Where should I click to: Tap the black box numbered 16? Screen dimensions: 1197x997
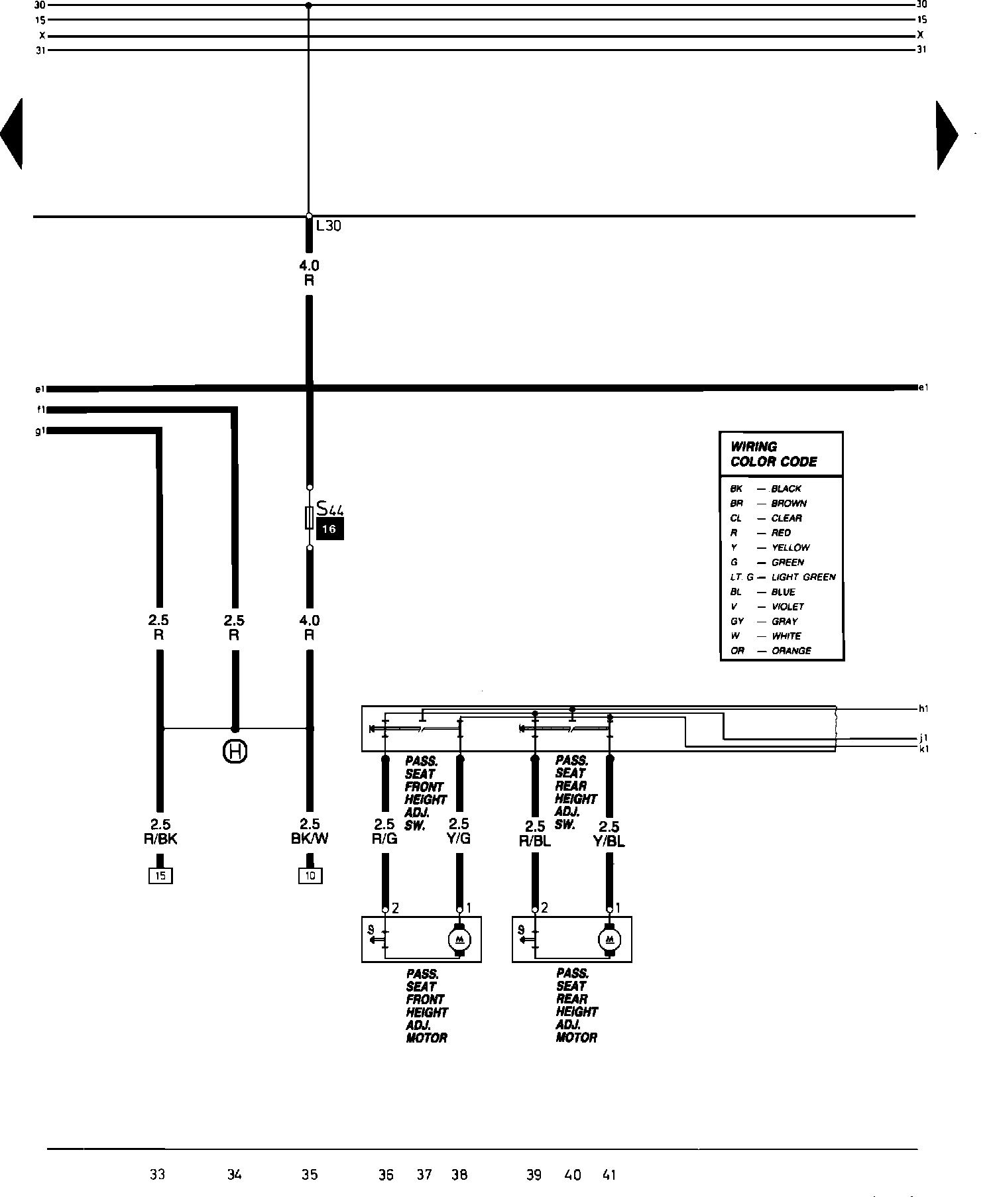coord(329,530)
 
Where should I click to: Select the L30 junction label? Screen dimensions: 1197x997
coord(328,226)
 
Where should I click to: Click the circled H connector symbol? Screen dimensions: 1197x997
coord(235,752)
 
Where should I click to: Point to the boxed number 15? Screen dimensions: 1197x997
coord(160,876)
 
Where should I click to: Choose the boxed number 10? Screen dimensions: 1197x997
coord(310,876)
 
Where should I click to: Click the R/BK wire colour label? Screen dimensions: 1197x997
coord(160,839)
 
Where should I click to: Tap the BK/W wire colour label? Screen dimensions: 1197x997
coord(310,838)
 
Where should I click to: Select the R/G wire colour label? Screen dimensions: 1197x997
coord(384,838)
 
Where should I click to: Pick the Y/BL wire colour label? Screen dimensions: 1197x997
coord(609,842)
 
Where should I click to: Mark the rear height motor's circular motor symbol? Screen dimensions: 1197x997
coord(609,939)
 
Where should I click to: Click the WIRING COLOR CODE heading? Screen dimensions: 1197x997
coord(774,454)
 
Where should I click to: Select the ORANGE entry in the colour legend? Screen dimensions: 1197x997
coord(791,651)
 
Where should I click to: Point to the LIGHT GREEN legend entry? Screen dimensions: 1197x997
coord(803,577)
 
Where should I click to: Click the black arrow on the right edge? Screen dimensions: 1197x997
coord(946,135)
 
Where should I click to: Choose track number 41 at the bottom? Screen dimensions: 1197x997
coord(609,1174)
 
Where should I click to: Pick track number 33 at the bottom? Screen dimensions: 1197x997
coord(157,1174)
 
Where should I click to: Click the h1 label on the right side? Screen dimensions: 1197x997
coord(922,709)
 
